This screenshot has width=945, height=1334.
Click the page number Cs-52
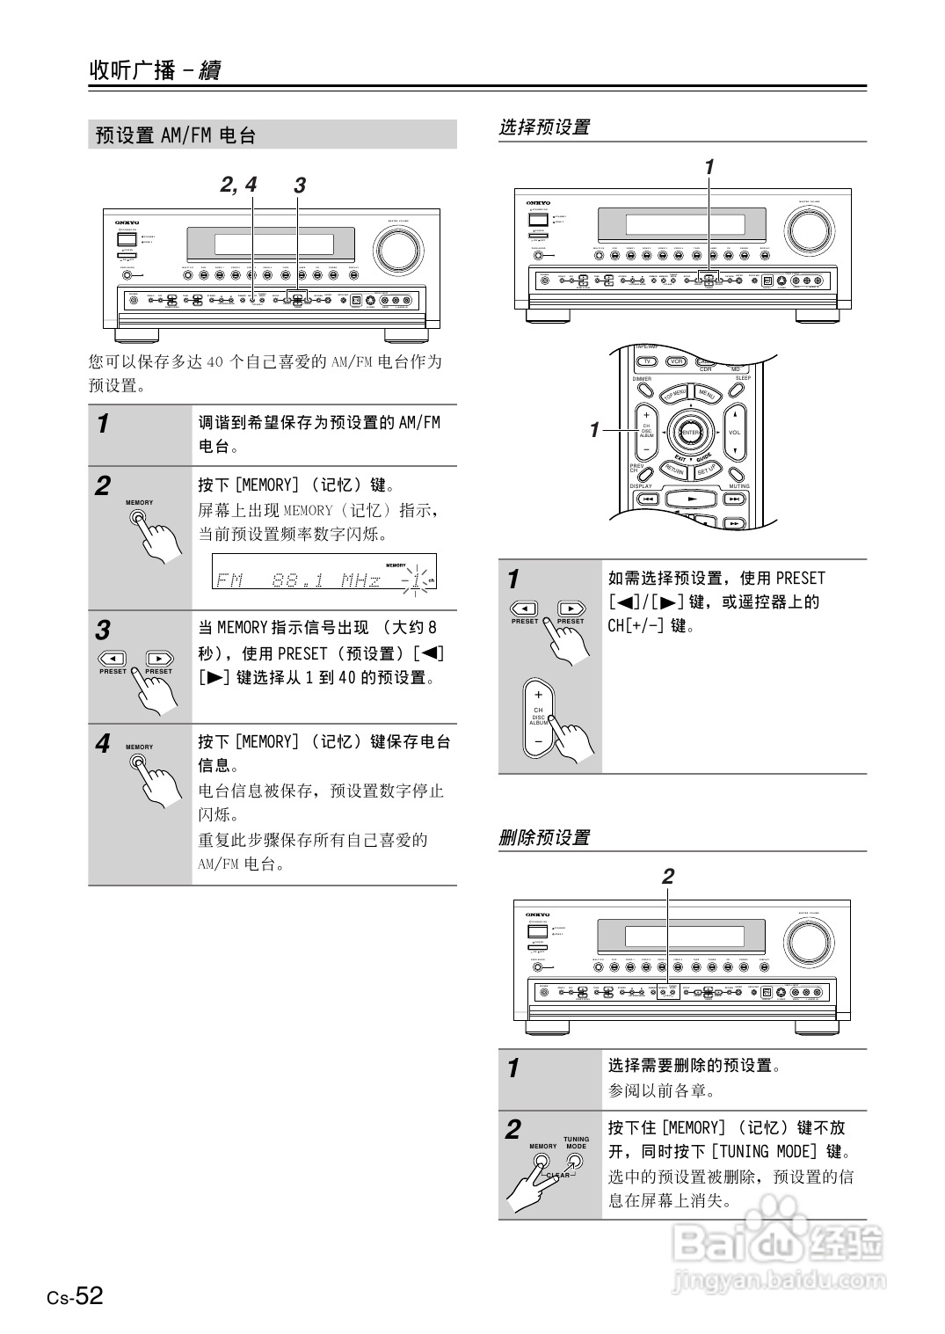(76, 1296)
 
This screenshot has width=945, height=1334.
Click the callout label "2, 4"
(238, 185)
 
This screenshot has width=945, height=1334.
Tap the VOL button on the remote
(735, 433)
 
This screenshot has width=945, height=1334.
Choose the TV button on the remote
(647, 361)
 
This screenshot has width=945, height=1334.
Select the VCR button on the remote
(676, 361)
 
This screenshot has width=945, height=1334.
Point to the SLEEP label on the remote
(743, 378)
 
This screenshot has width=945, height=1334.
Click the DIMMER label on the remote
(642, 379)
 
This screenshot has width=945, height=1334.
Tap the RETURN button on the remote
(673, 470)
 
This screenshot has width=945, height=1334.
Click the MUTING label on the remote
(738, 486)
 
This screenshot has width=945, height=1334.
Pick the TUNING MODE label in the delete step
(576, 1142)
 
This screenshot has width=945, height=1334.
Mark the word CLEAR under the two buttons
(558, 1175)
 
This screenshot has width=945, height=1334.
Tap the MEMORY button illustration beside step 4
(138, 762)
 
